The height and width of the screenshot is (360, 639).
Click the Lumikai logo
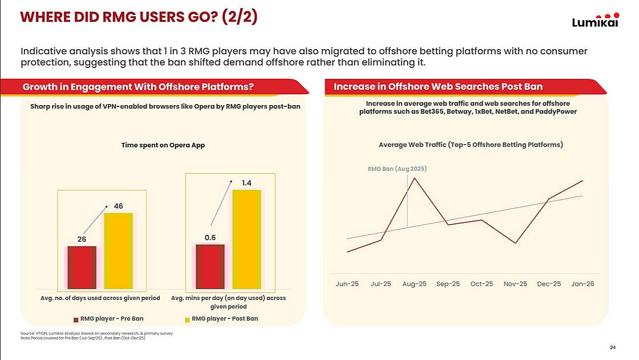click(x=595, y=21)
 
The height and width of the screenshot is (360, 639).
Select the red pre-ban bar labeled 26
click(x=82, y=267)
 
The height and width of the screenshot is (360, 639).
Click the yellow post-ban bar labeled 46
click(x=118, y=250)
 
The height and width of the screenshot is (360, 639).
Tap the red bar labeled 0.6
click(x=210, y=266)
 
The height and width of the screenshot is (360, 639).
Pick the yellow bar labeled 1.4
click(x=246, y=239)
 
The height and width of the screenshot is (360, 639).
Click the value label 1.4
click(x=246, y=183)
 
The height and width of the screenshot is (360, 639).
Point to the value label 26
click(x=82, y=239)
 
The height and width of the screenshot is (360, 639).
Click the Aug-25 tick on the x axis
click(x=415, y=284)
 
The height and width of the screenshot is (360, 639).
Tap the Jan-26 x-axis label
click(x=582, y=284)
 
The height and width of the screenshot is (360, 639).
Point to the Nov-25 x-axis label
click(x=515, y=284)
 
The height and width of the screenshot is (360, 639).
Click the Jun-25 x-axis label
click(x=347, y=284)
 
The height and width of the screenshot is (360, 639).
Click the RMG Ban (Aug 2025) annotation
click(x=397, y=169)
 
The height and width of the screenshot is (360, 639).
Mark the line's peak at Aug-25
click(x=415, y=178)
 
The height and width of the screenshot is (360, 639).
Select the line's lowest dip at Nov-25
click(x=515, y=243)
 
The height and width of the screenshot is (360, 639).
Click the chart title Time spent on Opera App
click(x=163, y=145)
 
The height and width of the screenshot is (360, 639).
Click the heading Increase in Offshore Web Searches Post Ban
click(x=438, y=87)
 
